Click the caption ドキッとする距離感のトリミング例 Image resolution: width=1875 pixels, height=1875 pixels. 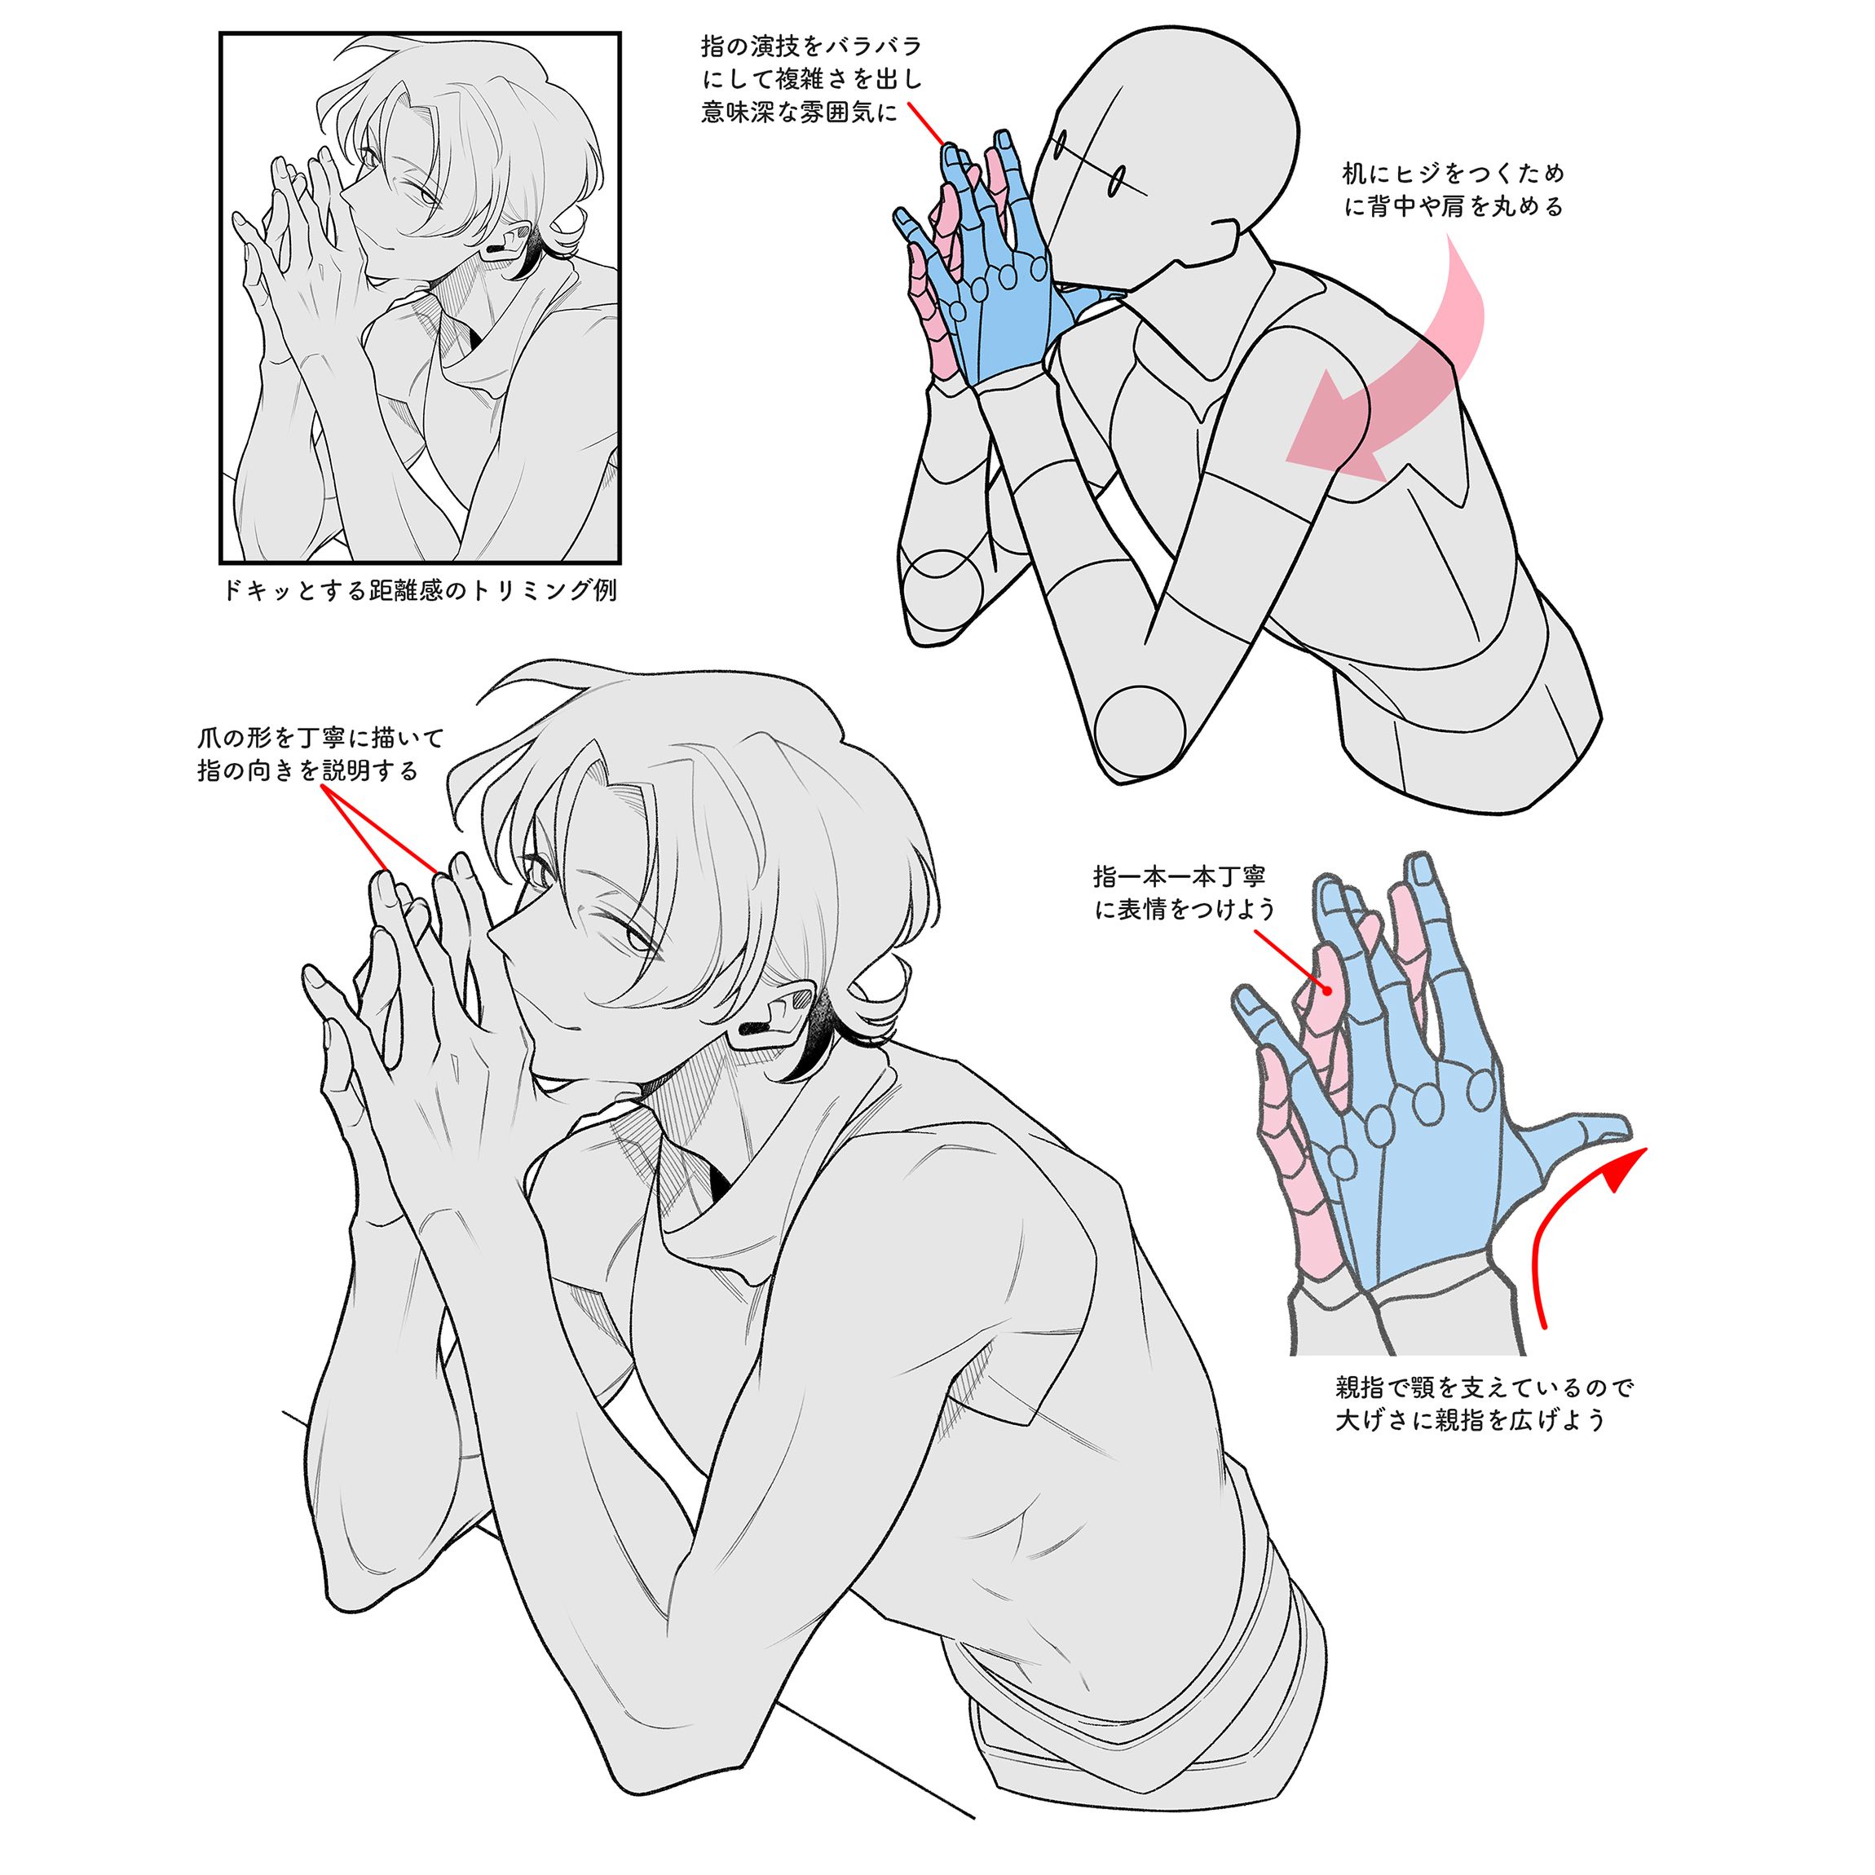tap(419, 590)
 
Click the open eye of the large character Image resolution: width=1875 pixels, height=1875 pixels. tap(636, 938)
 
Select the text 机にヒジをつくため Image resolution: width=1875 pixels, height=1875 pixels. tap(1453, 174)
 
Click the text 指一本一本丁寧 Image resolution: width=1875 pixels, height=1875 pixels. tap(1179, 876)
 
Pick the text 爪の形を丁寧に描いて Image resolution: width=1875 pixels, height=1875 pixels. tap(320, 738)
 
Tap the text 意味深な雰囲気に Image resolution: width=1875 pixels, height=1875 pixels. tap(799, 112)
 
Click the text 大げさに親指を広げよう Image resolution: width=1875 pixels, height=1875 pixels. tap(1471, 1420)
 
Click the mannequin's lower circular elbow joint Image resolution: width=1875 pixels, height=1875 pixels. tap(1140, 728)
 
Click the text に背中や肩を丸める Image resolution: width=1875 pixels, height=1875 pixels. tap(1453, 207)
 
